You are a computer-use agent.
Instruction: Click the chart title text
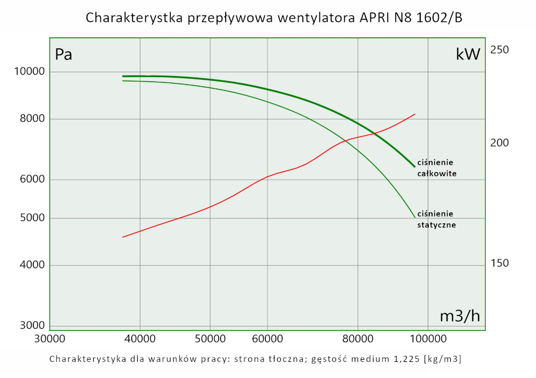point(273,18)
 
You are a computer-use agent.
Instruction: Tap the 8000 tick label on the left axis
point(32,119)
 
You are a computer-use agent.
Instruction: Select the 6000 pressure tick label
point(32,179)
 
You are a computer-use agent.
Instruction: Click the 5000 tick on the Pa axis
point(32,218)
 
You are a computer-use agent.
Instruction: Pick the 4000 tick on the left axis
point(32,265)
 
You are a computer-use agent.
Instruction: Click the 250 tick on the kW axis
point(500,50)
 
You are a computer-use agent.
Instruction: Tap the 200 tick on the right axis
point(500,143)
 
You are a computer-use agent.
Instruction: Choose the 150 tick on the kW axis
point(500,263)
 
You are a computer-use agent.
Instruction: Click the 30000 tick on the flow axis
point(50,338)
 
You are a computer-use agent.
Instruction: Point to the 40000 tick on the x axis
point(140,338)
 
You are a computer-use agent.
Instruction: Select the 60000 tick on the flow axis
point(267,338)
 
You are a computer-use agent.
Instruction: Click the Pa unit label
point(63,55)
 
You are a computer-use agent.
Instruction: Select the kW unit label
point(467,54)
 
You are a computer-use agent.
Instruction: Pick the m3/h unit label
point(460,316)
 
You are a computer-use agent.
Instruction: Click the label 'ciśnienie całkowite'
point(437,168)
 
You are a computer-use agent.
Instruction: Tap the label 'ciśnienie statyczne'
point(437,220)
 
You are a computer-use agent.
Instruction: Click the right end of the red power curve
point(415,114)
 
